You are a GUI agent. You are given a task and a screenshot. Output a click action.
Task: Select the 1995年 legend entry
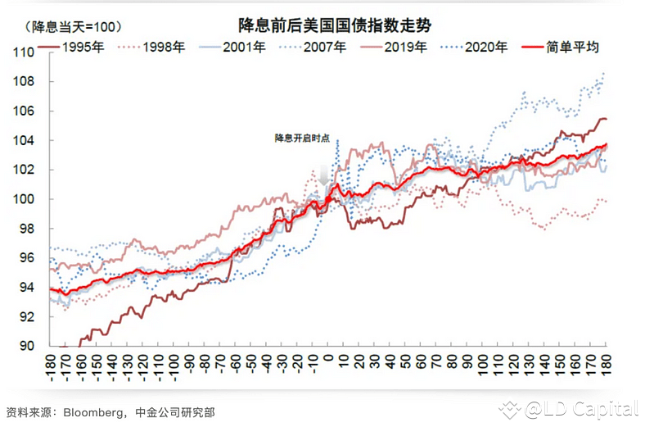point(82,47)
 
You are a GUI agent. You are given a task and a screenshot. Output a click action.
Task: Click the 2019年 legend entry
point(404,47)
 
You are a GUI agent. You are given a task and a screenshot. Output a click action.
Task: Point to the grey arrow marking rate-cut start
point(325,175)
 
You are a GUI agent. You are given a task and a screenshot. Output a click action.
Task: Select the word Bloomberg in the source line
point(93,411)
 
